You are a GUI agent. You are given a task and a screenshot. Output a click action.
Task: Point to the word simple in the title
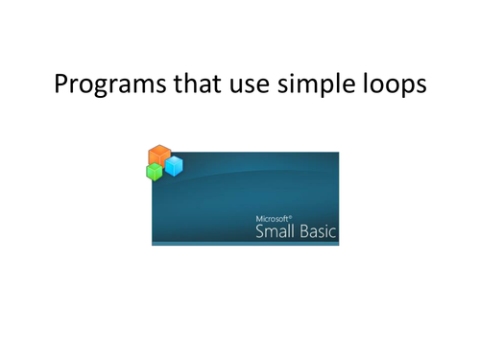coord(324,85)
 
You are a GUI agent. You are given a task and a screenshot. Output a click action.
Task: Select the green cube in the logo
coord(153,172)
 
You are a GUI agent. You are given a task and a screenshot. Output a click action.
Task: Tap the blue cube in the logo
coord(173,167)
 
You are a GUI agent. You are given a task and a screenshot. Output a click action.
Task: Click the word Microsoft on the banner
coord(273,219)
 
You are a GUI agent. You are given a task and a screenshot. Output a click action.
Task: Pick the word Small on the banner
coord(274,231)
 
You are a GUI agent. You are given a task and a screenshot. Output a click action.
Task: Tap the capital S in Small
coord(260,231)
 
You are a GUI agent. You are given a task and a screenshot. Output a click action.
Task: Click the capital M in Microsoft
coord(258,219)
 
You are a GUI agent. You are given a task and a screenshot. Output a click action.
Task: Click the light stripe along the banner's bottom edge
coord(245,243)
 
